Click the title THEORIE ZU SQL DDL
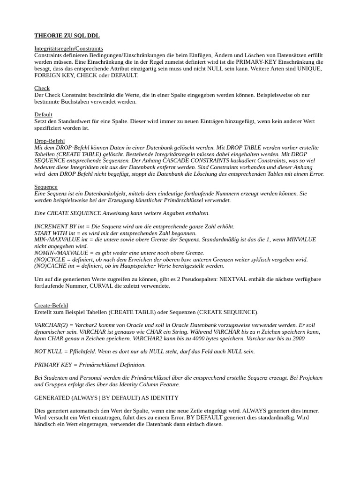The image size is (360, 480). (67, 36)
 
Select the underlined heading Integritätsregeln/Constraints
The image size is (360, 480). (68, 49)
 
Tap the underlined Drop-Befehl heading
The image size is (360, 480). (49, 141)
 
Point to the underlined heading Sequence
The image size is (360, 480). (46, 187)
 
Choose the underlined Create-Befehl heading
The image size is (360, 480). (51, 306)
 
